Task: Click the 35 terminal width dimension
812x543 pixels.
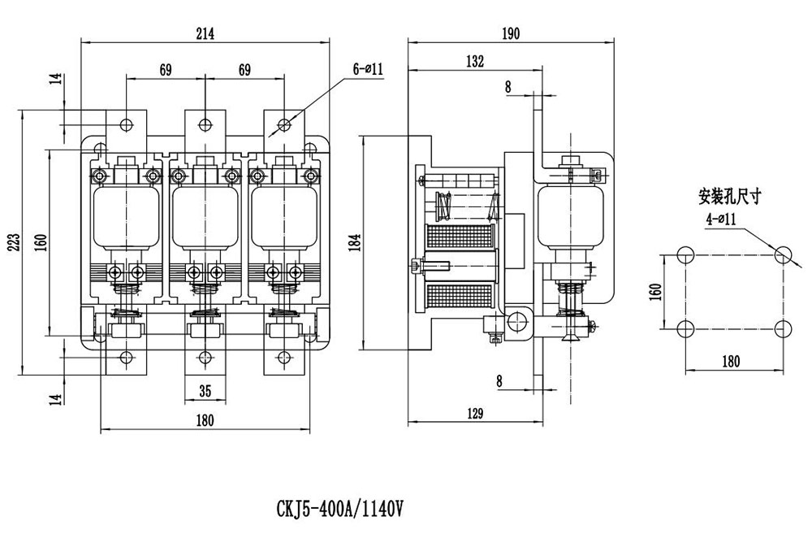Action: tap(205, 391)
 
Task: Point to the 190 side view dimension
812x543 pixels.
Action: tap(511, 33)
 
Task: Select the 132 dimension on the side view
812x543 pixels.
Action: tap(475, 62)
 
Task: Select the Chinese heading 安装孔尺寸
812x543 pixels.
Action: tap(730, 197)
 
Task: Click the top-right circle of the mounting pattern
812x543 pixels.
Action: tap(783, 254)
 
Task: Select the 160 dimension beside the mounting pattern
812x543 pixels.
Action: tap(656, 290)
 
